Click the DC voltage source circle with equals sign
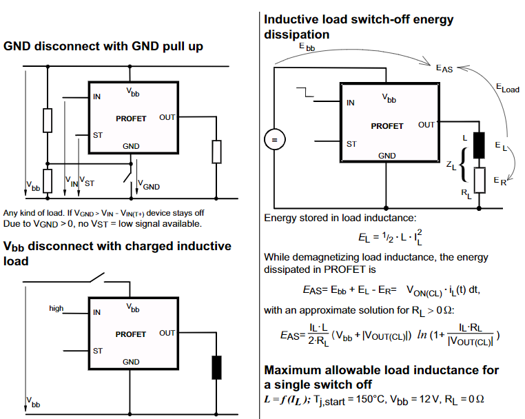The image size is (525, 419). click(274, 139)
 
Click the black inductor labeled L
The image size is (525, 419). click(479, 145)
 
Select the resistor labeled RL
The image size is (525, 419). click(480, 181)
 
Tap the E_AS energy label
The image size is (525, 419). click(444, 69)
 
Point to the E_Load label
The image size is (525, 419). click(508, 88)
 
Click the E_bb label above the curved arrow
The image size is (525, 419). click(307, 47)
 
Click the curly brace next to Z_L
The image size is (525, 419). click(464, 165)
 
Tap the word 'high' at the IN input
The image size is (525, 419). click(56, 308)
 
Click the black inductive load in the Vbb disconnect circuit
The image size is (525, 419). click(216, 367)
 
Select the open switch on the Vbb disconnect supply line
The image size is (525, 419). click(97, 278)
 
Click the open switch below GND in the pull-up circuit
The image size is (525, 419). click(128, 173)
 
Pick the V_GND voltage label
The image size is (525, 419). click(149, 185)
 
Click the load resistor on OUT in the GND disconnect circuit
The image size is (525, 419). click(216, 152)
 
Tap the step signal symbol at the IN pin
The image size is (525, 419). click(305, 92)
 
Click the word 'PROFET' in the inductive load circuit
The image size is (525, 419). click(387, 126)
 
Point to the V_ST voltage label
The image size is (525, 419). click(87, 181)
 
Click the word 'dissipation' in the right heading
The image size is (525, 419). click(297, 34)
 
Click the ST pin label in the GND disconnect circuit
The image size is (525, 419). click(98, 135)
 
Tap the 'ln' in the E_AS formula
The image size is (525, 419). click(422, 334)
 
